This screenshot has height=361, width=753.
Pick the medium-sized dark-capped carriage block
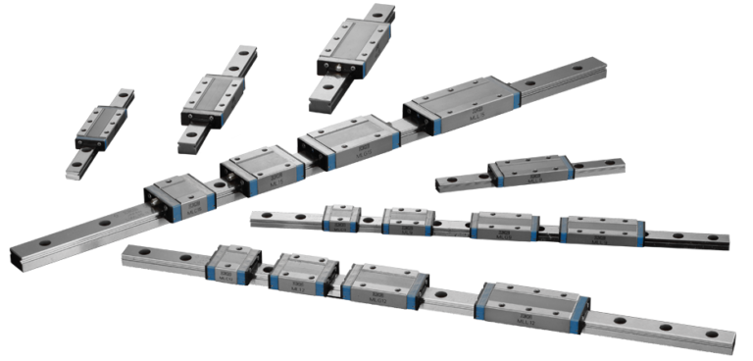point(212,98)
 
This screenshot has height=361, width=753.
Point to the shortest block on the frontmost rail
point(232,264)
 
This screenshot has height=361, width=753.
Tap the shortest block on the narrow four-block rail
point(340,217)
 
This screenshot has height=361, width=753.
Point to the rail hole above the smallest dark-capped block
point(125,96)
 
